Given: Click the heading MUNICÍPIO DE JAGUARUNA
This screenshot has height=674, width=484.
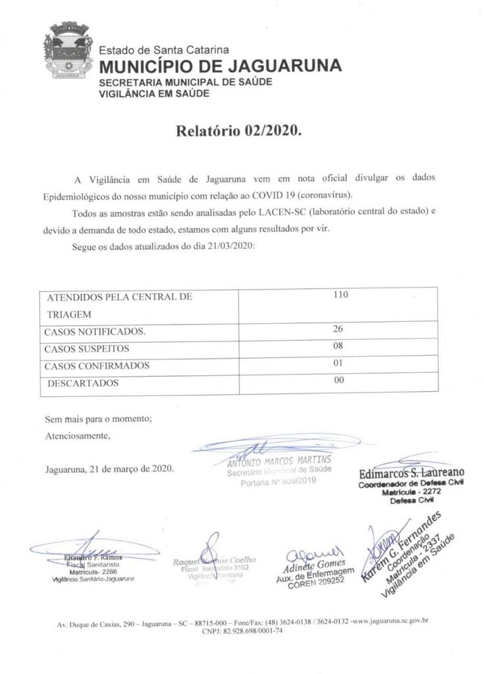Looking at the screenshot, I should (x=220, y=66).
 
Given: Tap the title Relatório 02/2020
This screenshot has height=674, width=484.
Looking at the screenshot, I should (x=238, y=130).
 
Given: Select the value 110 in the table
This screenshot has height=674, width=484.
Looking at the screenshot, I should (x=340, y=295).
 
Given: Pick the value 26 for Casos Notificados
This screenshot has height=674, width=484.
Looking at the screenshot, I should (x=339, y=328).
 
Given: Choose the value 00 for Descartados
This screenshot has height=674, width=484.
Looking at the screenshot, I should (x=339, y=380).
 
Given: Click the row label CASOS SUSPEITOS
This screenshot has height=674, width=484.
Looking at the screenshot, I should (x=87, y=348).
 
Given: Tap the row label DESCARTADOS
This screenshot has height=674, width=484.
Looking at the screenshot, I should (x=83, y=383).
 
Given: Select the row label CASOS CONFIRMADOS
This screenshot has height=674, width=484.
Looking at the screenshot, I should (x=97, y=365).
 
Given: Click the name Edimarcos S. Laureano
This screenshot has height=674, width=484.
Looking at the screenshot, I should (x=412, y=473).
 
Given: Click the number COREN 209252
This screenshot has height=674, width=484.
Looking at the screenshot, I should (x=315, y=579).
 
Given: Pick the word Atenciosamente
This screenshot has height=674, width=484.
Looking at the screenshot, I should (x=78, y=435).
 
